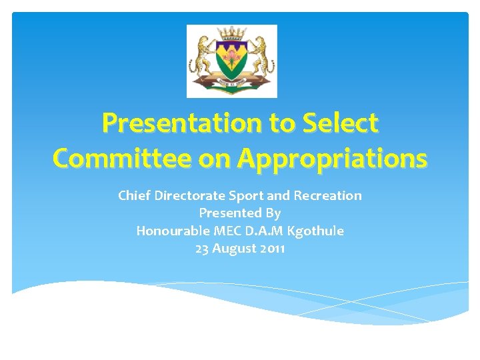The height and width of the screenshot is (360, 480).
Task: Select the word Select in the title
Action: point(345,123)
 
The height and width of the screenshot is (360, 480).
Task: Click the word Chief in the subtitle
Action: point(133,195)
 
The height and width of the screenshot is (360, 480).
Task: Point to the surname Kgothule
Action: point(315,231)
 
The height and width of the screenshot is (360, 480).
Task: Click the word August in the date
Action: point(235,249)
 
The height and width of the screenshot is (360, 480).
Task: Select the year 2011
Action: point(273,249)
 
